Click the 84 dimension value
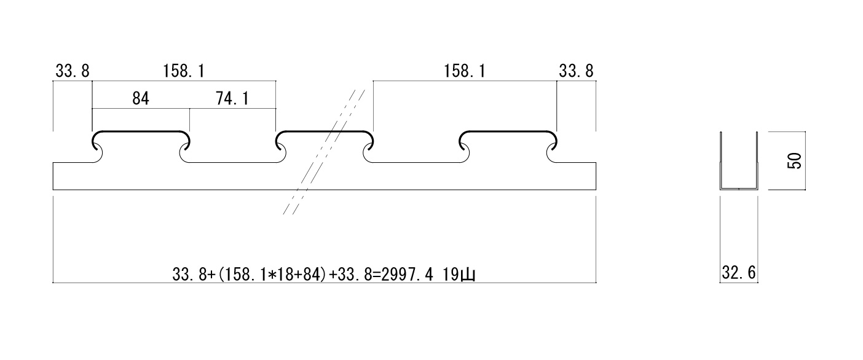tap(141, 98)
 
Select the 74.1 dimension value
tap(232, 98)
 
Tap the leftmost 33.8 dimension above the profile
tap(72, 71)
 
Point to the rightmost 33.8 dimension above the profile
tap(576, 71)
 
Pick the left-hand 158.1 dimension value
tap(183, 71)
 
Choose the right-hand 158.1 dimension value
tap(465, 71)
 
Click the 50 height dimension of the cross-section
tap(794, 162)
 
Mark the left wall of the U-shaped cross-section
tap(721, 160)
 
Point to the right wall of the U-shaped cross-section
tap(757, 160)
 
